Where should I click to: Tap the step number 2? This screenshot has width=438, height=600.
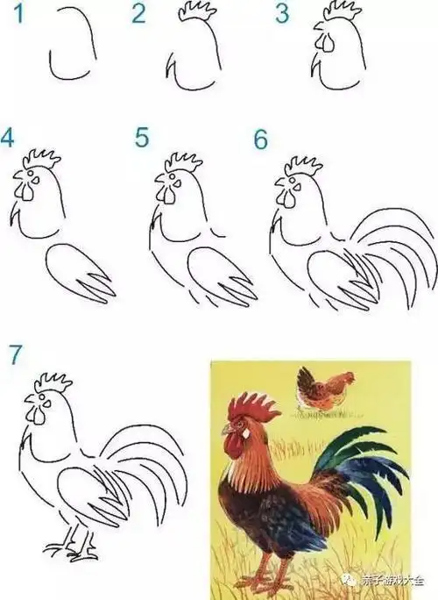tap(138, 14)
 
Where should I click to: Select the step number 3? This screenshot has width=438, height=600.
tap(281, 13)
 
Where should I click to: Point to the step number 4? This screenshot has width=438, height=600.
tap(8, 139)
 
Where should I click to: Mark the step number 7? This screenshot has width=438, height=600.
tap(14, 353)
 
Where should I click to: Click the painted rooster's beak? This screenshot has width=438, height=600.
tap(226, 429)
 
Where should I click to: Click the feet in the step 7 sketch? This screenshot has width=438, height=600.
tap(74, 551)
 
